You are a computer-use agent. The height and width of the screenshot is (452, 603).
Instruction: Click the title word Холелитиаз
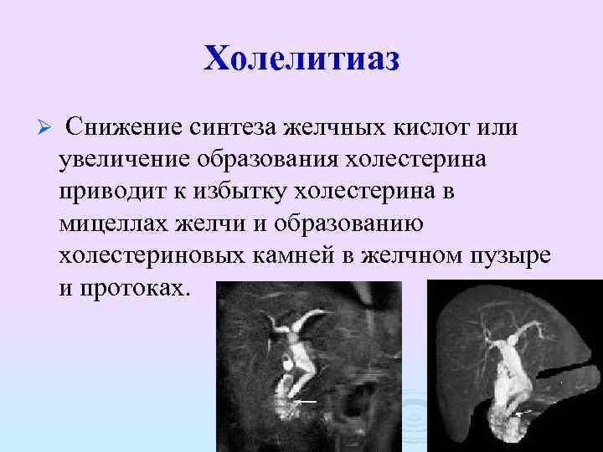click(301, 58)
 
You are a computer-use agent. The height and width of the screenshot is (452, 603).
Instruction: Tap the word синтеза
click(234, 126)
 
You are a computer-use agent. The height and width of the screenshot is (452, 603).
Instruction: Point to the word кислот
click(423, 126)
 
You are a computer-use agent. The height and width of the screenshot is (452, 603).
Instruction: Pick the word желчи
click(219, 223)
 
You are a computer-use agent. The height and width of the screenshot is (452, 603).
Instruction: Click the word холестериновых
click(150, 256)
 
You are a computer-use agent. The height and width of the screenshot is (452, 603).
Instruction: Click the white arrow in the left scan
click(306, 401)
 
